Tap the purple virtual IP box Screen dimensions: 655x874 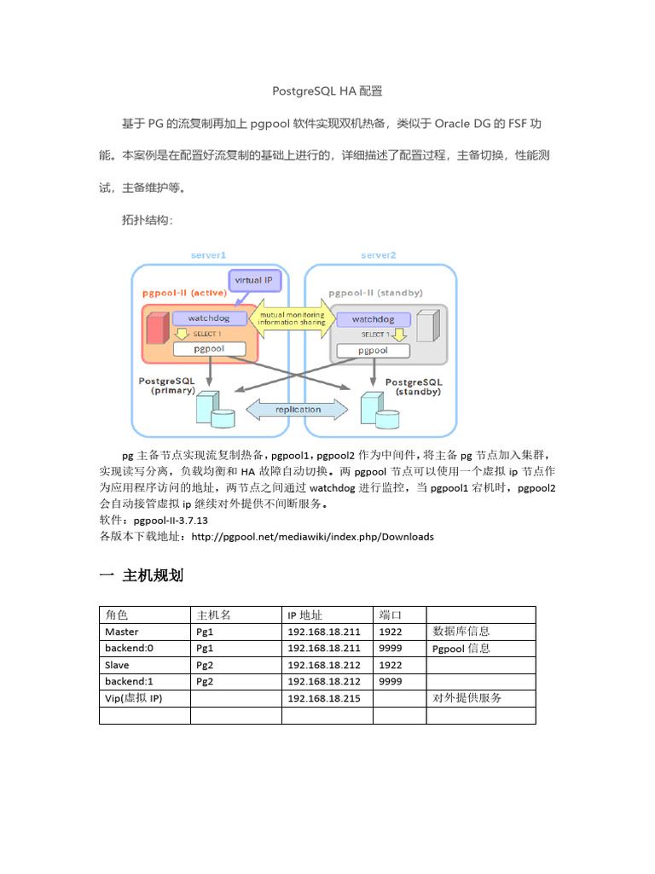pos(254,280)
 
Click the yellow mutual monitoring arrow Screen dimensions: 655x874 pos(290,318)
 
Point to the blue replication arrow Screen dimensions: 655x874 pos(298,410)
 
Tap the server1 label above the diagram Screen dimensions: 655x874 pos(208,254)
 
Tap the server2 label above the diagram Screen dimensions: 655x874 pos(378,254)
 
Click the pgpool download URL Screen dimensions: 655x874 pos(312,537)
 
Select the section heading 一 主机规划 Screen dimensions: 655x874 pos(142,576)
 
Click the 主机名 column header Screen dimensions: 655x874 pos(213,615)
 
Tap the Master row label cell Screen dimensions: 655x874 pos(121,632)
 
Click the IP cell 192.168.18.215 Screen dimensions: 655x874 pos(323,698)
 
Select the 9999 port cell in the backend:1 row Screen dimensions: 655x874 pos(391,681)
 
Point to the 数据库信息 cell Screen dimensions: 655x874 pos(461,632)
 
